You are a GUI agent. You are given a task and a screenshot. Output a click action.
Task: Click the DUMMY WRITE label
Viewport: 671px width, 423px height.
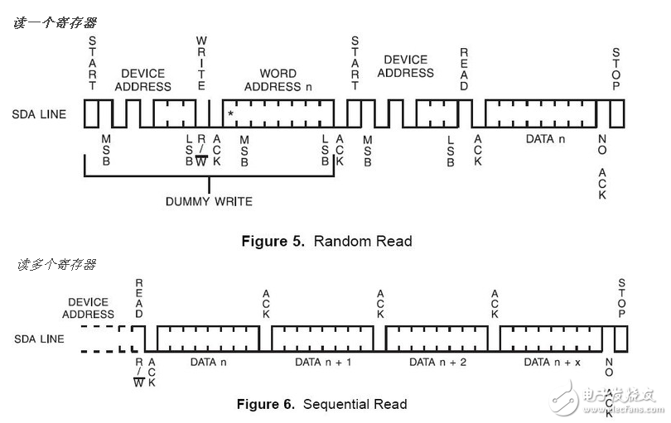click(209, 201)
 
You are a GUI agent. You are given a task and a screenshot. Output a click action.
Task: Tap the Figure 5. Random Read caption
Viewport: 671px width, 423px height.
click(327, 241)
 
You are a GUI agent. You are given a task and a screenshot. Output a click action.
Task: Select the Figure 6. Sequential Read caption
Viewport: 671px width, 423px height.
click(321, 404)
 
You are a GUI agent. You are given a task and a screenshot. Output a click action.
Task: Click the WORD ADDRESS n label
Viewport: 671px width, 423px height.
click(278, 80)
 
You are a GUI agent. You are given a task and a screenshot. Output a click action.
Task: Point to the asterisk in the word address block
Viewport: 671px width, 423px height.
click(230, 113)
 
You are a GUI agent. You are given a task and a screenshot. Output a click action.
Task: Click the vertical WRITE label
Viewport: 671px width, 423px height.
click(201, 63)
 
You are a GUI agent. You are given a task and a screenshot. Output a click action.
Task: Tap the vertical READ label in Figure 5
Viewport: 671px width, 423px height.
click(464, 70)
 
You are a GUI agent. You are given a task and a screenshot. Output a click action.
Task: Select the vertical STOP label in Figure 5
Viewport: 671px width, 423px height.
click(615, 70)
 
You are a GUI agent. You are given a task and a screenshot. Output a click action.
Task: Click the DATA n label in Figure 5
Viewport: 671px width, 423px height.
click(545, 139)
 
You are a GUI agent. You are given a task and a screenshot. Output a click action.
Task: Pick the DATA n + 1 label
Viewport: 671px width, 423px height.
click(323, 363)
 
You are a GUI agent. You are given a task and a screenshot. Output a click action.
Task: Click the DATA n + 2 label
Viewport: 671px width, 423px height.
click(437, 363)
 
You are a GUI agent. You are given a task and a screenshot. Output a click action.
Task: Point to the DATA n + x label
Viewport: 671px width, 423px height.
click(552, 363)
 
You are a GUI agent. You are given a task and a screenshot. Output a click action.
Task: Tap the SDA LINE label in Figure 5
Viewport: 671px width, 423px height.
click(39, 114)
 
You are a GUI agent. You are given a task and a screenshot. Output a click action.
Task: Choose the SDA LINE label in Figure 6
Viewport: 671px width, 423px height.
click(39, 339)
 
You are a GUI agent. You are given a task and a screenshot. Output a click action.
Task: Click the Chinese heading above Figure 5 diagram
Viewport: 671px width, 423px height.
click(55, 22)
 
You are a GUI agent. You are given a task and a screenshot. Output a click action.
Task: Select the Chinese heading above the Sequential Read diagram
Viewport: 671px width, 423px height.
click(56, 264)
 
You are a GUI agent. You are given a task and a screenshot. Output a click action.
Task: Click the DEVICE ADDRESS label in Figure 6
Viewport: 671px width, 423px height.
click(88, 308)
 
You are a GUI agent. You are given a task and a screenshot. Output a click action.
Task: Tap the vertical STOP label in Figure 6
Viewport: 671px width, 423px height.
click(622, 298)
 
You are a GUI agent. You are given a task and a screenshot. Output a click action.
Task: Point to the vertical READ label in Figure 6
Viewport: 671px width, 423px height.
click(139, 298)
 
